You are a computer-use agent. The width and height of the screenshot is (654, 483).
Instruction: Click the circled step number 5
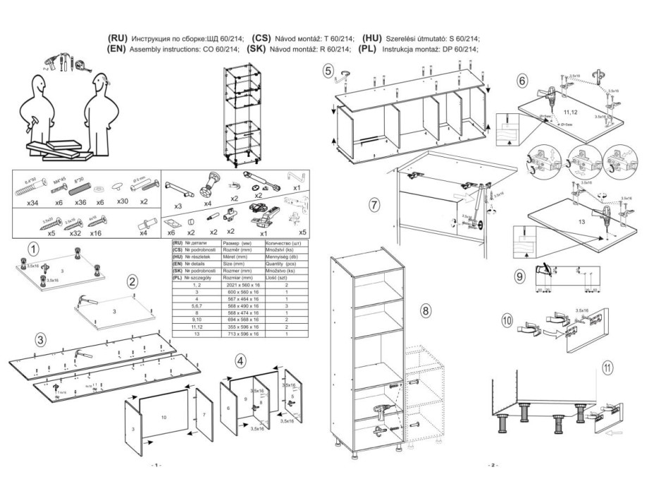tap(328, 70)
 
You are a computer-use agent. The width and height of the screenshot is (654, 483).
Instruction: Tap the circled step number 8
tap(426, 310)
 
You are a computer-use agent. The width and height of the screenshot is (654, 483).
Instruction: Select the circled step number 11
tap(609, 366)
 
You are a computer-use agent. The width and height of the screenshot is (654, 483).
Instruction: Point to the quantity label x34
tap(32, 202)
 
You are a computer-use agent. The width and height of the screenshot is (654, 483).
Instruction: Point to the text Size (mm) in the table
tap(233, 263)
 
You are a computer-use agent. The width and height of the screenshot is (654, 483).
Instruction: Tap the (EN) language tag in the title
tap(116, 49)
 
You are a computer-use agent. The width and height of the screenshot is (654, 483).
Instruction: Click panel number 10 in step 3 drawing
tap(164, 418)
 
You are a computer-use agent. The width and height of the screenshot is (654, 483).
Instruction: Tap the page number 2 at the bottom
tap(491, 466)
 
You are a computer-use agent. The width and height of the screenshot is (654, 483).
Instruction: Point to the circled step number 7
tap(375, 205)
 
